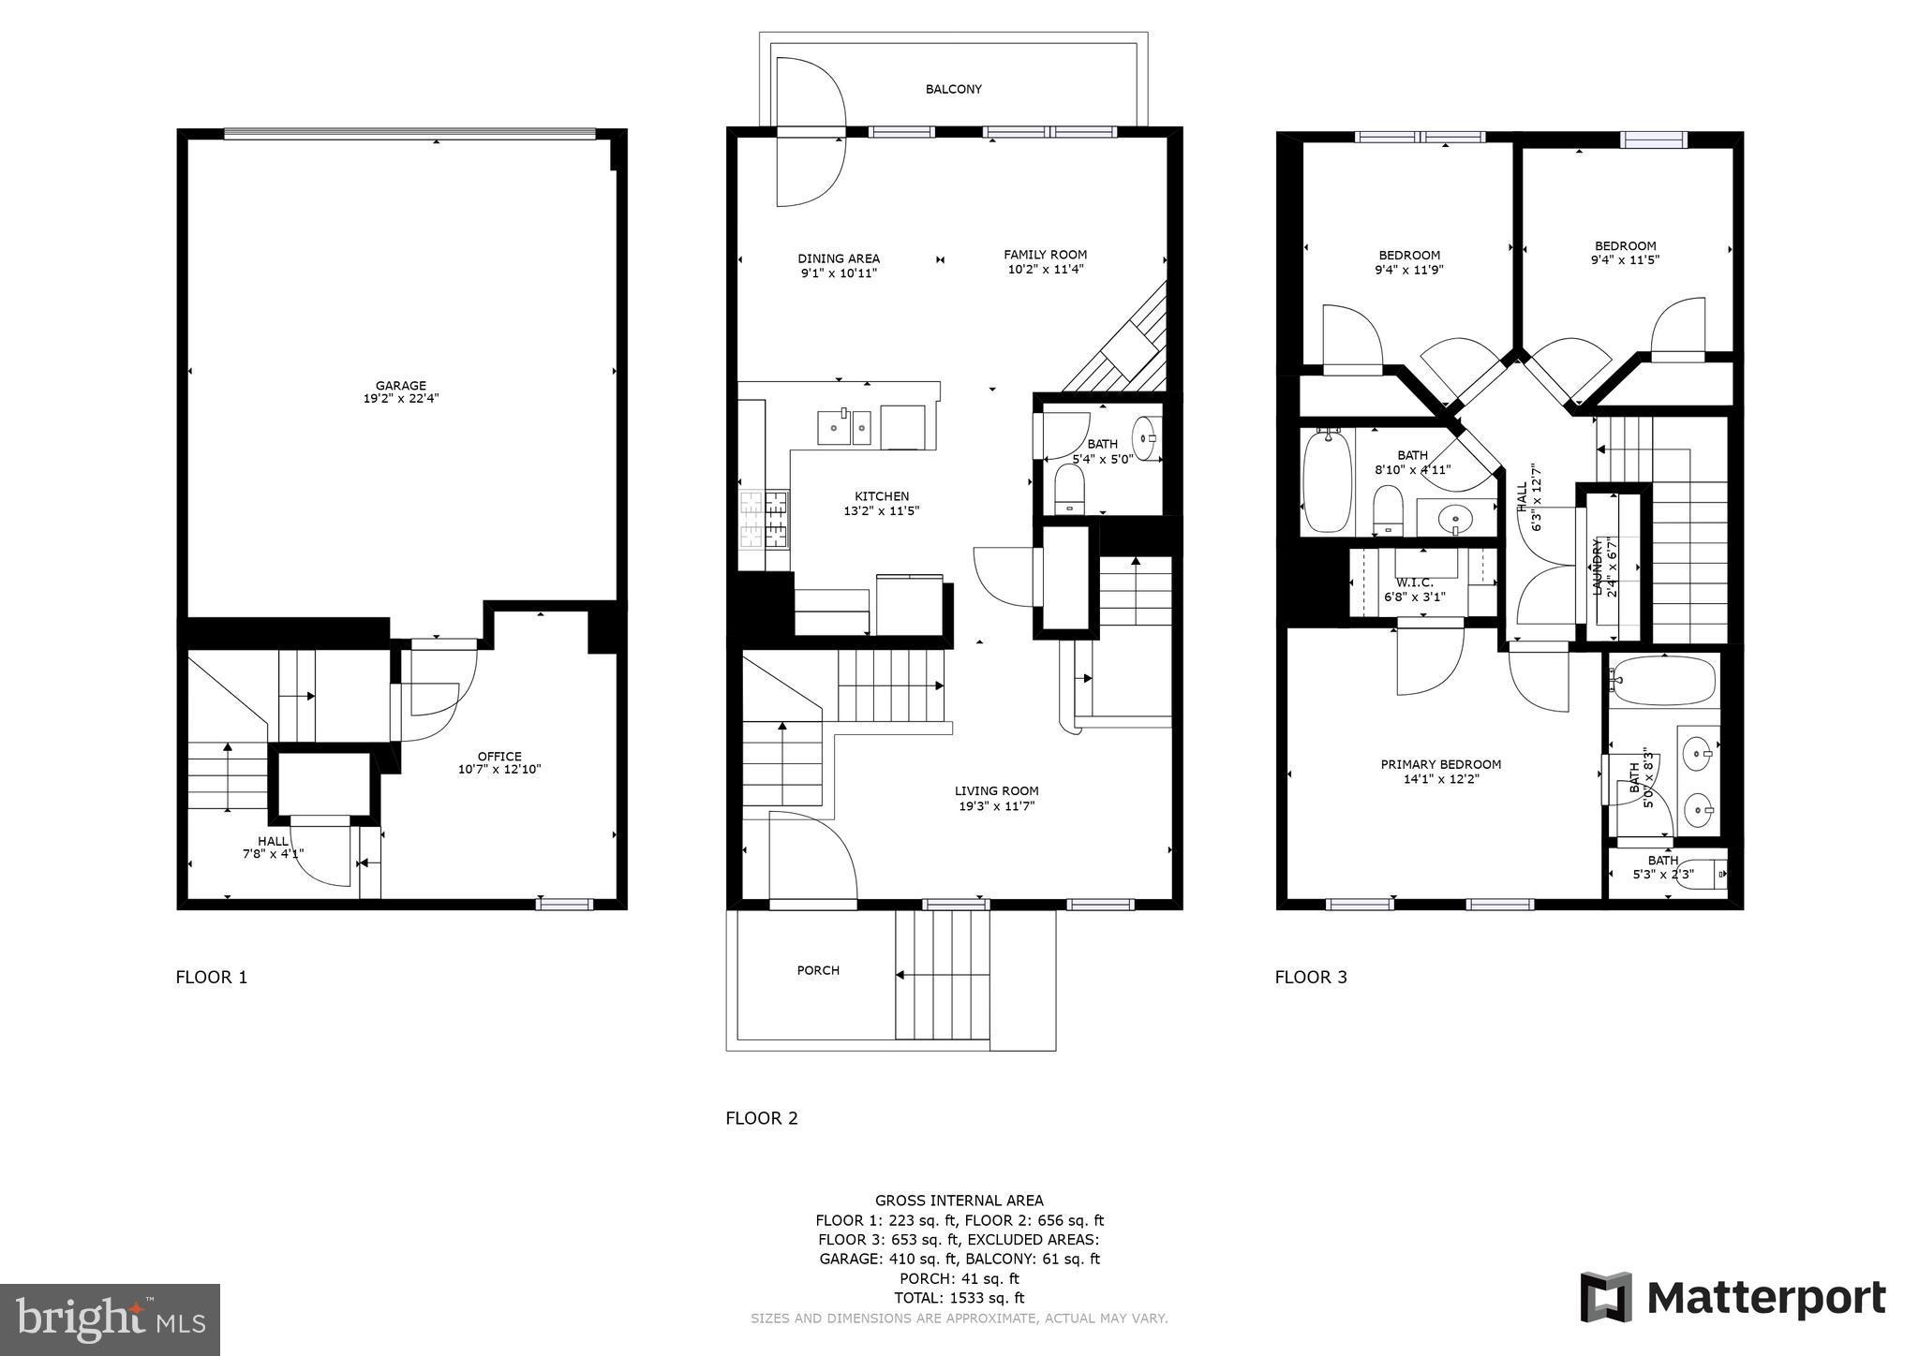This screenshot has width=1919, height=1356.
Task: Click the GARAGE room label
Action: pyautogui.click(x=401, y=385)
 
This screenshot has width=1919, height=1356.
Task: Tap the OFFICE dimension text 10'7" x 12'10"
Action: pyautogui.click(x=499, y=770)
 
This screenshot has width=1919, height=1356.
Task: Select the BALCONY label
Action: pyautogui.click(x=953, y=89)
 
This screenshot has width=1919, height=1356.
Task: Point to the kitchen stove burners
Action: pyautogui.click(x=764, y=520)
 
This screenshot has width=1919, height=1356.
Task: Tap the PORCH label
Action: pyautogui.click(x=818, y=970)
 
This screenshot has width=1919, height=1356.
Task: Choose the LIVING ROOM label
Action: pyautogui.click(x=996, y=790)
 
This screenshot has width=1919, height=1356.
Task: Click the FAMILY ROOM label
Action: pyautogui.click(x=1045, y=254)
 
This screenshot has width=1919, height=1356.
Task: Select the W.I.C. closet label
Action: pyautogui.click(x=1414, y=582)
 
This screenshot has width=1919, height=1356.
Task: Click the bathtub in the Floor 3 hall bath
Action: pyautogui.click(x=1327, y=479)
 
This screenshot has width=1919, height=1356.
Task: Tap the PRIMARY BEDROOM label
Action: pyautogui.click(x=1440, y=764)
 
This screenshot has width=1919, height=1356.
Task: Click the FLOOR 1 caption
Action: pyautogui.click(x=212, y=978)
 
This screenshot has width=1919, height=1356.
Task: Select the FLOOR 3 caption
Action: pyautogui.click(x=1310, y=978)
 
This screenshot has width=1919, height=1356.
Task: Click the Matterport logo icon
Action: pyautogui.click(x=1606, y=1297)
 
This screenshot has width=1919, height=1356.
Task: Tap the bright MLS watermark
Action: pyautogui.click(x=110, y=1319)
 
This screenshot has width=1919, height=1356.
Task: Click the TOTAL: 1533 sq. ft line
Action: pyautogui.click(x=959, y=1298)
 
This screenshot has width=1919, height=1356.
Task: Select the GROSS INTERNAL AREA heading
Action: pyautogui.click(x=959, y=1201)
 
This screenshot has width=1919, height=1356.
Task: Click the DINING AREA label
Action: pyautogui.click(x=838, y=258)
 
